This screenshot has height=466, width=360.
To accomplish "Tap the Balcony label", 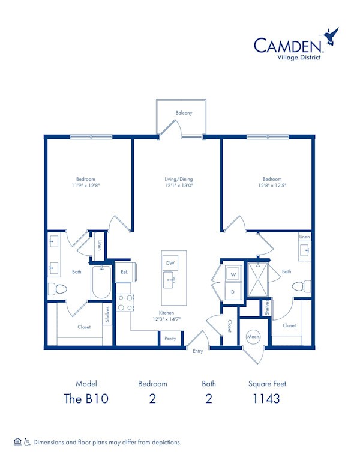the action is coord(184,113).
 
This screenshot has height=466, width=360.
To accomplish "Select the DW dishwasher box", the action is coord(170,263).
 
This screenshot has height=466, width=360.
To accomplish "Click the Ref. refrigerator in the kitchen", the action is coord(125,271).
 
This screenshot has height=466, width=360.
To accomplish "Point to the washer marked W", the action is coord(233,274).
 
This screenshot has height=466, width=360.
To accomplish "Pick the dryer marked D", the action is coord(233,291).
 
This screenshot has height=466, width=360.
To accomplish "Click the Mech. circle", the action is coord(253,337).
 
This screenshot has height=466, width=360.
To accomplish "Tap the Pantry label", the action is coord(170,339).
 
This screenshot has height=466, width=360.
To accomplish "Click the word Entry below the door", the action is coord(198,351).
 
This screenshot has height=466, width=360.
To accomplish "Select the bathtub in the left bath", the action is coord(101,282).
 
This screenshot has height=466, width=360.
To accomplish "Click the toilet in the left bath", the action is coord(58,289).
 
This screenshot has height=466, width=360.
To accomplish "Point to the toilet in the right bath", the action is coord(301,286).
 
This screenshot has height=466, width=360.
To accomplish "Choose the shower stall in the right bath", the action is coord(258,279).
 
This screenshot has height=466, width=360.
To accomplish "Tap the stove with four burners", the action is coord(125,303).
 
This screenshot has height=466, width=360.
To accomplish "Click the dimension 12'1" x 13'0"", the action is coord(179,186).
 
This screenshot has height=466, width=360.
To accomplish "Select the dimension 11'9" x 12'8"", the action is coord(86,186).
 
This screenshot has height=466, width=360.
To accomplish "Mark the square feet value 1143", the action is coord(266,399).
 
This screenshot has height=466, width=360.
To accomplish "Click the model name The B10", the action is coord(86,399).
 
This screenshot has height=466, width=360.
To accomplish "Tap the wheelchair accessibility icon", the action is coord(27,442).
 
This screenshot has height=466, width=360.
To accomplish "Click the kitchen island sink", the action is coord(169,280).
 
